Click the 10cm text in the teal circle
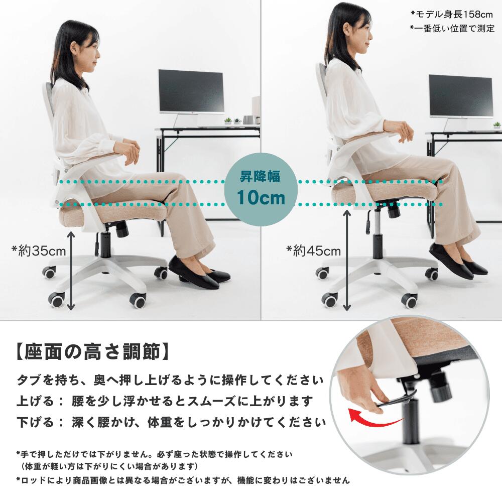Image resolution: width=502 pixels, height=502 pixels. pyautogui.click(x=261, y=197)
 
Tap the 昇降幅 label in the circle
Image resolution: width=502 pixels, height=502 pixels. pyautogui.click(x=260, y=176)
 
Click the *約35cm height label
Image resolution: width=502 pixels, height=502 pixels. pyautogui.click(x=39, y=250)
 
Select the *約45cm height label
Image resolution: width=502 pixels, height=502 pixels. pyautogui.click(x=313, y=250)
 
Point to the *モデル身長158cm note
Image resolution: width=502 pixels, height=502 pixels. pyautogui.click(x=452, y=14)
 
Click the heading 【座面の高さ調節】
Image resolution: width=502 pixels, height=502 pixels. pyautogui.click(x=92, y=352)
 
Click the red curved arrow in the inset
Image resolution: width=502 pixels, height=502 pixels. pyautogui.click(x=374, y=418)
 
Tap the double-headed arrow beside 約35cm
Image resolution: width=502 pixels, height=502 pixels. pyautogui.click(x=71, y=271)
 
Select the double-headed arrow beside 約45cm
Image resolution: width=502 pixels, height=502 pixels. pyautogui.click(x=346, y=260)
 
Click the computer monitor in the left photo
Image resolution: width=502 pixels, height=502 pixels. pyautogui.click(x=191, y=91)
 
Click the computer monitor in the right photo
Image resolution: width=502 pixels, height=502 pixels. pyautogui.click(x=461, y=96)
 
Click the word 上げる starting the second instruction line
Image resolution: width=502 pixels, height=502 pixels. pyautogui.click(x=35, y=401)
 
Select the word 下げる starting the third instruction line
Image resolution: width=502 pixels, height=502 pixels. pyautogui.click(x=35, y=422)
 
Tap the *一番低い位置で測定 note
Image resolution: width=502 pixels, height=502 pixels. pyautogui.click(x=452, y=29)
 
